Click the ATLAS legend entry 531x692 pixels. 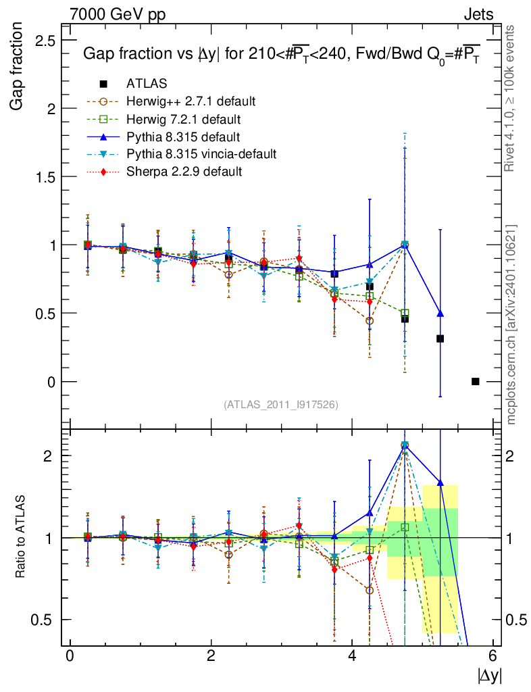pos(147,84)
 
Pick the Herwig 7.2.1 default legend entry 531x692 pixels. pos(184,119)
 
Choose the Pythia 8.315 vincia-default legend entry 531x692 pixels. pos(201,154)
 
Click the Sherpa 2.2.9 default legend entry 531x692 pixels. pos(184,172)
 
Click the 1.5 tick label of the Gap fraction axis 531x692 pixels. pos(46,177)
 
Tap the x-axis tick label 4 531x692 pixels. pos(352,656)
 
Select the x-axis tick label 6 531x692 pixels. pos(493,656)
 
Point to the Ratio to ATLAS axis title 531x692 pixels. pos(21,539)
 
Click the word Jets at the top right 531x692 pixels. pos(478,14)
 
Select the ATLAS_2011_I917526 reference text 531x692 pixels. pos(280,404)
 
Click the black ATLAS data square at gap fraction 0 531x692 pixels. pos(475,381)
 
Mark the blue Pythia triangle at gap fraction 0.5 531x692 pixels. pos(440,314)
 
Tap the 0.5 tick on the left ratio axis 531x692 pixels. pos(47,620)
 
